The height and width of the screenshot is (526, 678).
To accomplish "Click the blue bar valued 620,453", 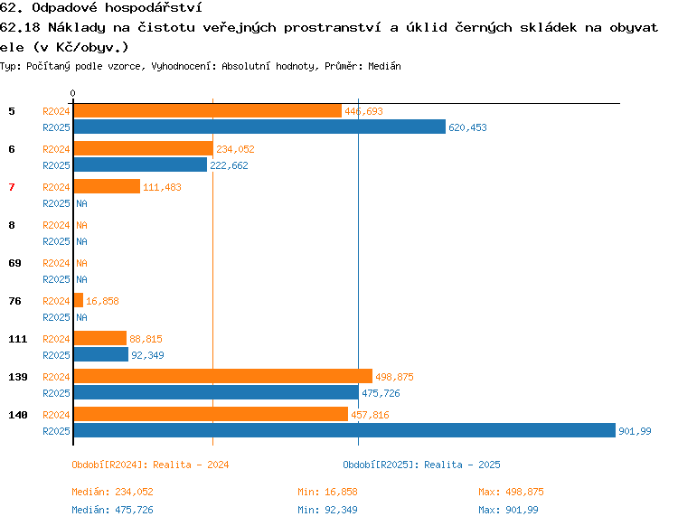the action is point(259,127).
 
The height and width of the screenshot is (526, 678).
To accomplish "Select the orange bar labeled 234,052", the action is point(144,148).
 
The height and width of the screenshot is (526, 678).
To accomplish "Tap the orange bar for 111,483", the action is point(107,186).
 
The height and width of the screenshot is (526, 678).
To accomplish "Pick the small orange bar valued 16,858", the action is point(79,300).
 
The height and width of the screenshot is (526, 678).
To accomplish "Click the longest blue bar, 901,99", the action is point(344,430).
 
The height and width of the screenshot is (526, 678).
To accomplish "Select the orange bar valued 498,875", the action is point(223,376).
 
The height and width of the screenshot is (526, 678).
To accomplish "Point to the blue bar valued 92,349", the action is point(101,354).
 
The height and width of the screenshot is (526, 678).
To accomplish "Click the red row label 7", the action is point(12,187).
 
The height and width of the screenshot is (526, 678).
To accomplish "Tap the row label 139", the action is point(18,377).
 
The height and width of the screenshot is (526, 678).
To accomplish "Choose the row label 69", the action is point(14,263).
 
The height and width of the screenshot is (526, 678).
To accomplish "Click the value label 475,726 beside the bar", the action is point(381,393).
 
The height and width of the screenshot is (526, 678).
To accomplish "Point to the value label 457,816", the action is point(370,415).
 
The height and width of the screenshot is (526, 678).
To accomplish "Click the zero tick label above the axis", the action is point(72,93).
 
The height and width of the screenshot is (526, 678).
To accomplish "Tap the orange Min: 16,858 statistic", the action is point(327,492).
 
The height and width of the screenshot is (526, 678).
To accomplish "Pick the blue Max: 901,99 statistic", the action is point(508,510).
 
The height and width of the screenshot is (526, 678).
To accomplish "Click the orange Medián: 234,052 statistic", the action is point(112,492).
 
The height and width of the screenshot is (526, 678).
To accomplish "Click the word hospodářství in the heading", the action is point(154,8).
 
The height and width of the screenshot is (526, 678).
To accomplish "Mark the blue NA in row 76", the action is point(81,317).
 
